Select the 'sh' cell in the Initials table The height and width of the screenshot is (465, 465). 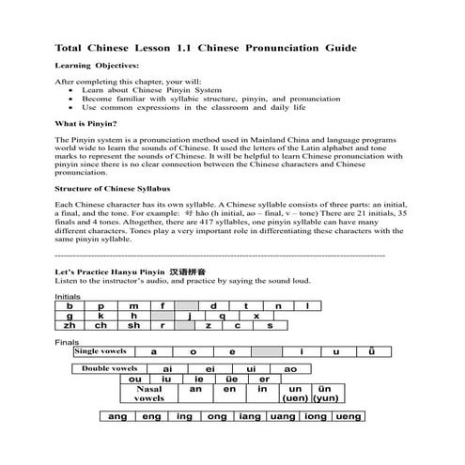[133, 325]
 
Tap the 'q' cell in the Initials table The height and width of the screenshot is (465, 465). [222, 316]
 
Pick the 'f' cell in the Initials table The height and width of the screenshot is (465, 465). [162, 305]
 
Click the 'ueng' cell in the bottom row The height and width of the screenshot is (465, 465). [349, 416]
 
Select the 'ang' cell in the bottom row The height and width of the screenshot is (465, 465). [118, 416]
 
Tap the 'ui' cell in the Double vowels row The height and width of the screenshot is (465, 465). [251, 369]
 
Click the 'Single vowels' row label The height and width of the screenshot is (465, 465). [101, 351]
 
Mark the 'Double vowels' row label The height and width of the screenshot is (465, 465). [109, 368]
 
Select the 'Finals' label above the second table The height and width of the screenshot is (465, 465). [67, 341]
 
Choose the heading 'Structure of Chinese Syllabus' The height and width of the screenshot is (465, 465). [117, 189]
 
